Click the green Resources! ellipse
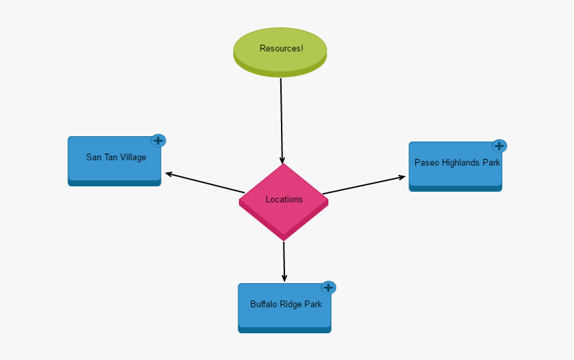click(280, 49)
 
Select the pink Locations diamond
click(284, 200)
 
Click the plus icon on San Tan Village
click(158, 140)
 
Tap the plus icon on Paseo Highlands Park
click(499, 146)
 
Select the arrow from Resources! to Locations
click(282, 120)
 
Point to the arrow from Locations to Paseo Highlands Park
click(364, 185)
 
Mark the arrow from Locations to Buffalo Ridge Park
click(284, 261)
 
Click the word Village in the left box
click(133, 158)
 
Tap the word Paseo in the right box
click(426, 162)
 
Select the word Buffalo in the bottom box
click(264, 304)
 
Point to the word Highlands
click(461, 162)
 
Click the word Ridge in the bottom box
click(292, 304)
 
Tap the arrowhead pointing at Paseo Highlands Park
click(402, 177)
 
